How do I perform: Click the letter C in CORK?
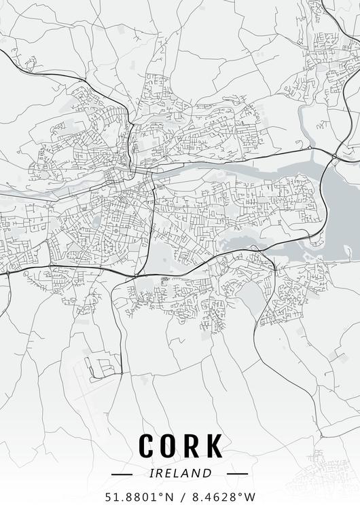coord(147,446)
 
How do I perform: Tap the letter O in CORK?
coord(170,446)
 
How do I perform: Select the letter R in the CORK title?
coord(193,446)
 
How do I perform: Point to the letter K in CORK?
coord(214,446)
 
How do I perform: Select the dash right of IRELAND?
coord(237,473)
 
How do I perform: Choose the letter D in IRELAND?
coord(208,473)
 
